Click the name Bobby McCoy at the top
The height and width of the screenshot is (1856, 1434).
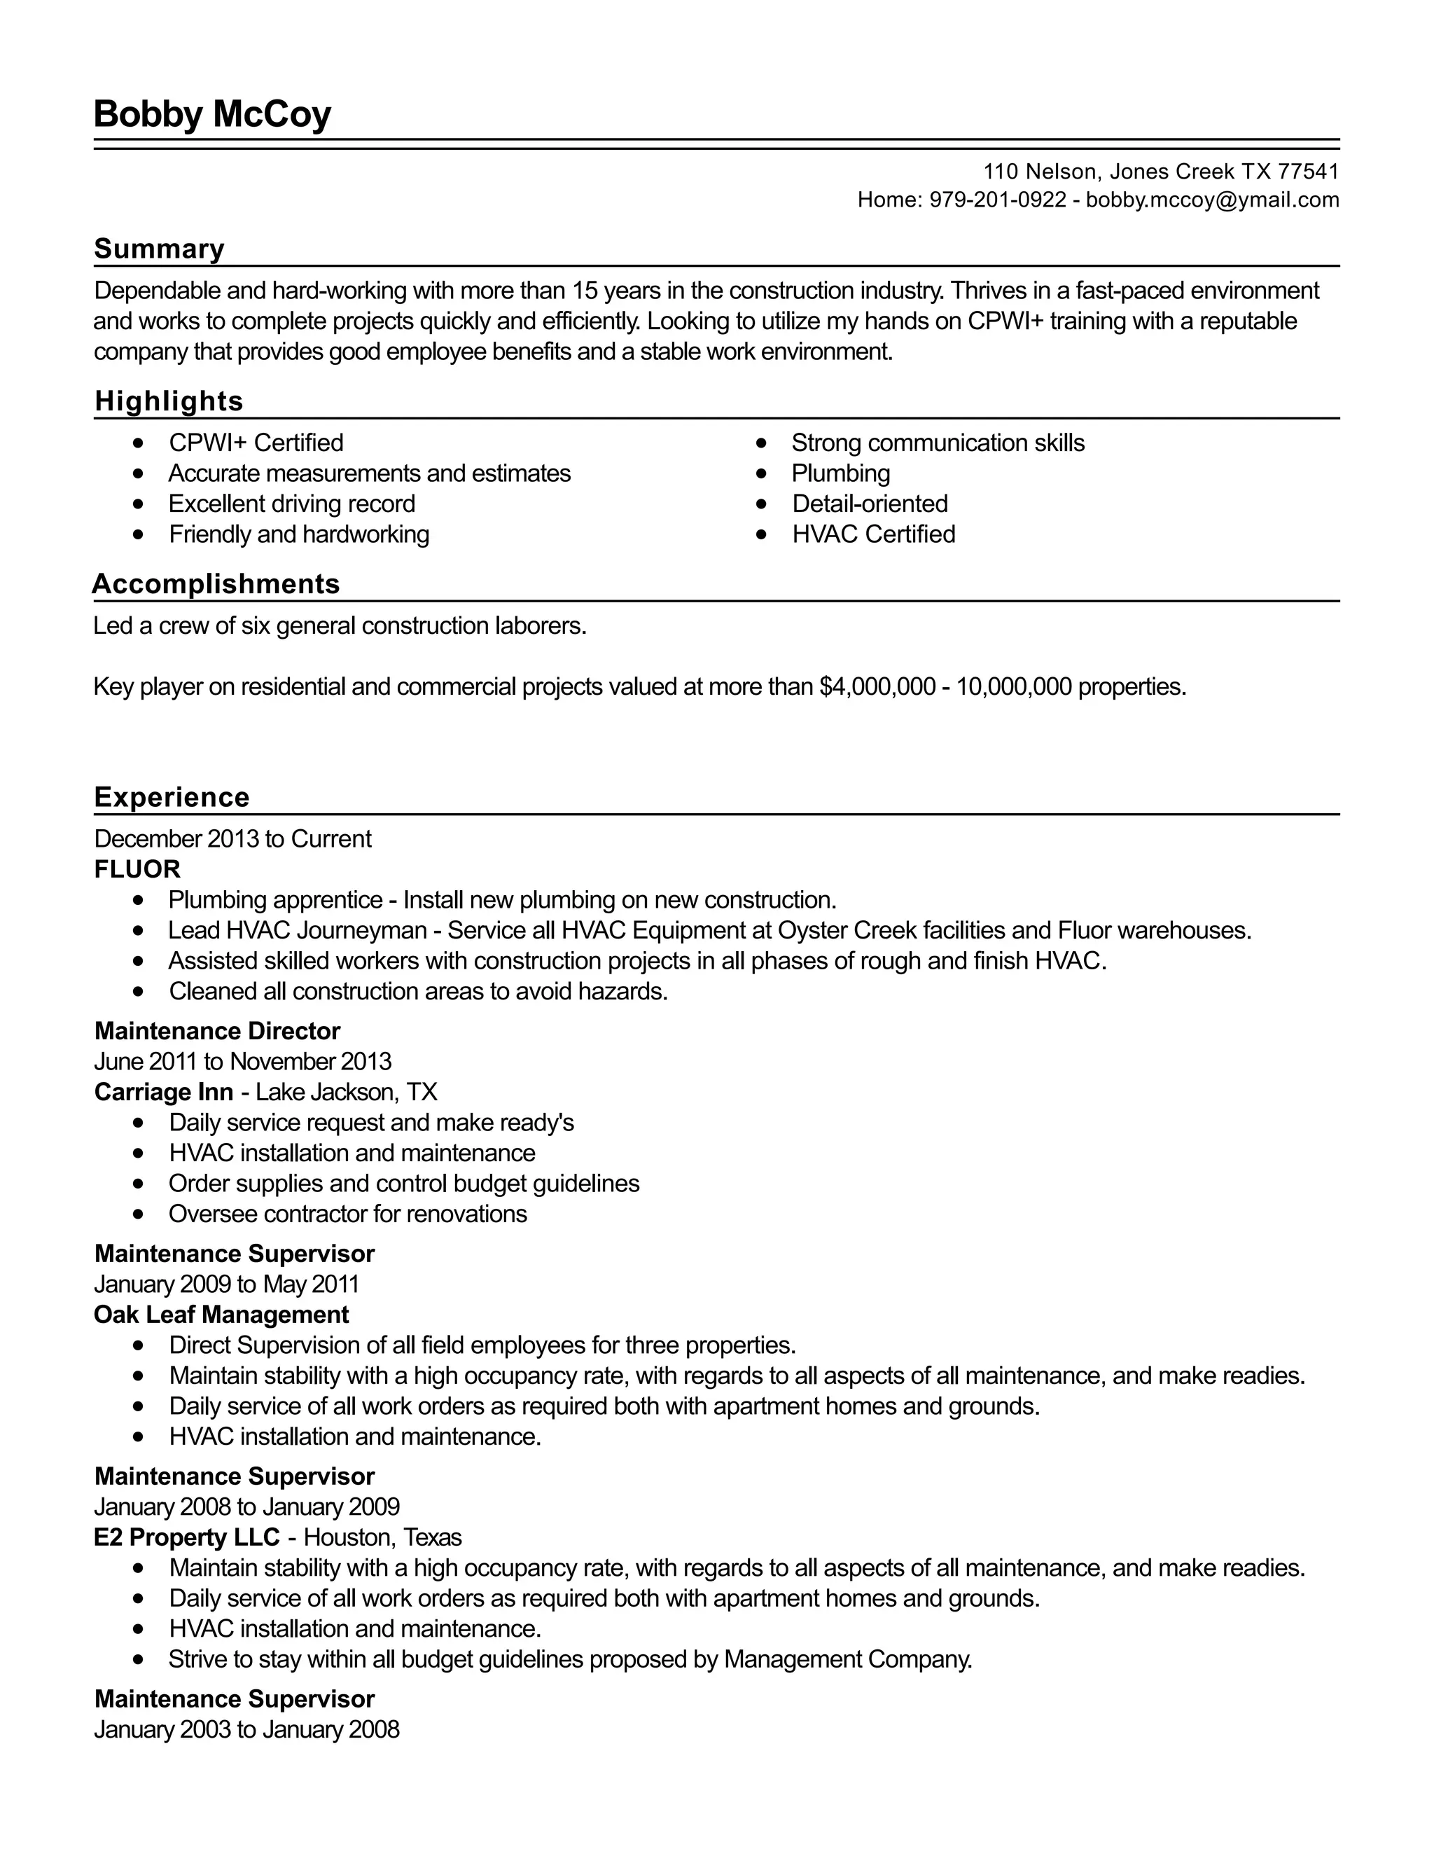tap(211, 114)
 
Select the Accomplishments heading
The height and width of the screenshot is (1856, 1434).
tap(216, 584)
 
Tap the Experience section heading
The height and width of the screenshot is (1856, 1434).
tap(172, 797)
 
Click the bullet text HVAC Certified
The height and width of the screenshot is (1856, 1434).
tap(873, 534)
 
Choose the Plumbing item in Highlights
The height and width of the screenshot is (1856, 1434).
tap(840, 473)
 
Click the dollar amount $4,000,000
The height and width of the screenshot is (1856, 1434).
tap(877, 686)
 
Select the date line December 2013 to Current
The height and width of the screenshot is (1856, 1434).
tap(232, 839)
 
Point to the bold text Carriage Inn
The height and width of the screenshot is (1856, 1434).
tap(163, 1092)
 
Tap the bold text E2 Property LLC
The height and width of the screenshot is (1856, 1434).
tap(187, 1537)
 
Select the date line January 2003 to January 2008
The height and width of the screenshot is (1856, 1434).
tap(246, 1729)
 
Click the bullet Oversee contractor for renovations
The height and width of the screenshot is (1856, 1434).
tap(347, 1214)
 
